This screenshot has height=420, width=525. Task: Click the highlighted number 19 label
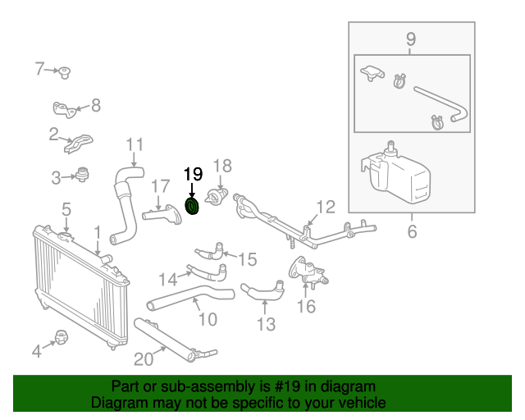(x=192, y=174)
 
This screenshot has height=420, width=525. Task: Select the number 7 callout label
(x=39, y=69)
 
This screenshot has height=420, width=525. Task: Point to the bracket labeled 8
(x=64, y=109)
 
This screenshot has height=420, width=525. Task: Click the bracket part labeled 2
(x=77, y=144)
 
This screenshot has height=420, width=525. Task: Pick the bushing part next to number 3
(x=82, y=175)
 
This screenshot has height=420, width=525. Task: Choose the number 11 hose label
(x=135, y=146)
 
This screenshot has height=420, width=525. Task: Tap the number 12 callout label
(x=326, y=207)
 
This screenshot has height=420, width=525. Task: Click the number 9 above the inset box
(x=411, y=39)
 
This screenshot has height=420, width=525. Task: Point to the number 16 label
(x=306, y=307)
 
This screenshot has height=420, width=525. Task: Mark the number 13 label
(x=266, y=325)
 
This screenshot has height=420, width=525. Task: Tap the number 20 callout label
(x=143, y=358)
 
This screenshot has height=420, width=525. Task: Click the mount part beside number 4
(x=62, y=337)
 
